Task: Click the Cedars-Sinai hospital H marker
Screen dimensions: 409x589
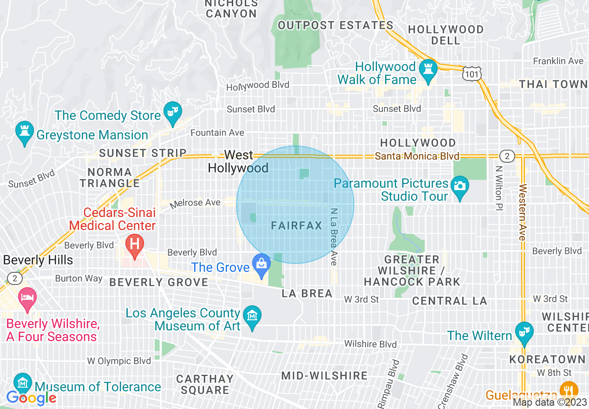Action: pyautogui.click(x=135, y=244)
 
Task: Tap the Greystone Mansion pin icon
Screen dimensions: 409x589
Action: pyautogui.click(x=24, y=132)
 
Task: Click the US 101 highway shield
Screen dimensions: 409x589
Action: pyautogui.click(x=471, y=73)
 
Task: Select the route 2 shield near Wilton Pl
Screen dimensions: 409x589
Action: pyautogui.click(x=507, y=156)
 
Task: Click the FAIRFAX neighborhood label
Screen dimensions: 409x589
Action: pyautogui.click(x=296, y=226)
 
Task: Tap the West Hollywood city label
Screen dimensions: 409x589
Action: pyautogui.click(x=238, y=161)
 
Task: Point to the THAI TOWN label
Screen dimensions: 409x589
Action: pyautogui.click(x=553, y=84)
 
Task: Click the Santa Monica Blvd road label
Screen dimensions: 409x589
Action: pyautogui.click(x=417, y=156)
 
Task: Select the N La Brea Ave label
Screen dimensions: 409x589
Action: pyautogui.click(x=334, y=236)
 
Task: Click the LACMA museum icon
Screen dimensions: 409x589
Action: pyautogui.click(x=252, y=317)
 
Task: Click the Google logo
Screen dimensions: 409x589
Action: pyautogui.click(x=31, y=398)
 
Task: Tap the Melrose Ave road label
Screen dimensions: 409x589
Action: pyautogui.click(x=195, y=203)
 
